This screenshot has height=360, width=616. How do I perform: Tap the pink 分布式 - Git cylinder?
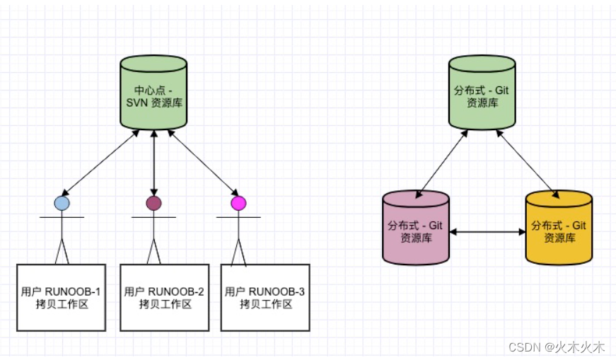pyautogui.click(x=416, y=230)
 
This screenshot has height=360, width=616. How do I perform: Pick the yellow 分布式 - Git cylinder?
pyautogui.click(x=558, y=230)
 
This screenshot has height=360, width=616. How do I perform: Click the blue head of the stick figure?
pyautogui.click(x=62, y=203)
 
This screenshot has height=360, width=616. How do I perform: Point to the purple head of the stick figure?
pyautogui.click(x=153, y=204)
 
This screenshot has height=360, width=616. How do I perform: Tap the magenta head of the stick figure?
pyautogui.click(x=238, y=204)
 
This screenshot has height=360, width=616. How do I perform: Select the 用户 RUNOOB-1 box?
pyautogui.click(x=61, y=297)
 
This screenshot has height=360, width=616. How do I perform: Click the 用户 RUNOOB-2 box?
pyautogui.click(x=164, y=297)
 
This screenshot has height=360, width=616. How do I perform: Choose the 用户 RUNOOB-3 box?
pyautogui.click(x=265, y=297)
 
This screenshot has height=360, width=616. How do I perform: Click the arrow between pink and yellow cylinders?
pyautogui.click(x=487, y=231)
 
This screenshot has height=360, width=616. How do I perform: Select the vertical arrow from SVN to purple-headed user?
pyautogui.click(x=153, y=163)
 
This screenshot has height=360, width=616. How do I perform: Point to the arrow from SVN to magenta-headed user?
pyautogui.click(x=202, y=162)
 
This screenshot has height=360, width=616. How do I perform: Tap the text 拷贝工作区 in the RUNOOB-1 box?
pyautogui.click(x=61, y=305)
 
